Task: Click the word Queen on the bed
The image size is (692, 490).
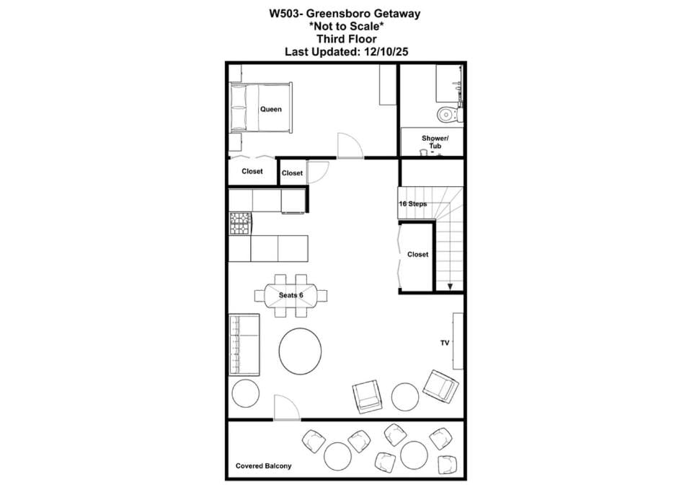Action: point(270,109)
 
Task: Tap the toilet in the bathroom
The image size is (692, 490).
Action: point(448,115)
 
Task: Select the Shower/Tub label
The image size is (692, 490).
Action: point(435,142)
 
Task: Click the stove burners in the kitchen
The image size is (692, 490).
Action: point(240,224)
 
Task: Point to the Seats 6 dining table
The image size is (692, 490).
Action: point(290,295)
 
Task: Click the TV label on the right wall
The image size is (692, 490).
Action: point(445,343)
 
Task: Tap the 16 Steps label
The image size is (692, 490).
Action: point(412,204)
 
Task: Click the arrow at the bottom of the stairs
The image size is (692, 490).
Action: point(450,286)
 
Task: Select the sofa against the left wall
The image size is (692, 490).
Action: point(244,345)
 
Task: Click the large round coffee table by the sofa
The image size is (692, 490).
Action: point(300,351)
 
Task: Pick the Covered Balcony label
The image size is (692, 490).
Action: point(264,465)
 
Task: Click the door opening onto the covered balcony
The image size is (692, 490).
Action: point(287,408)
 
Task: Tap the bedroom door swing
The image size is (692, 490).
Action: point(350,145)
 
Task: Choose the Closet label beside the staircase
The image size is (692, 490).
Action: point(417,255)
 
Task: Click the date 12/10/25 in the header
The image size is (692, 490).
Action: point(386,52)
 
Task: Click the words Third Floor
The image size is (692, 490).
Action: point(347,39)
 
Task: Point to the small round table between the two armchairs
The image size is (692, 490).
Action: point(405,396)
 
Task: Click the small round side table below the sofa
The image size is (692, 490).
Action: point(245,393)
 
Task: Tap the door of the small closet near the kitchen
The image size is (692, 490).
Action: point(318,172)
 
